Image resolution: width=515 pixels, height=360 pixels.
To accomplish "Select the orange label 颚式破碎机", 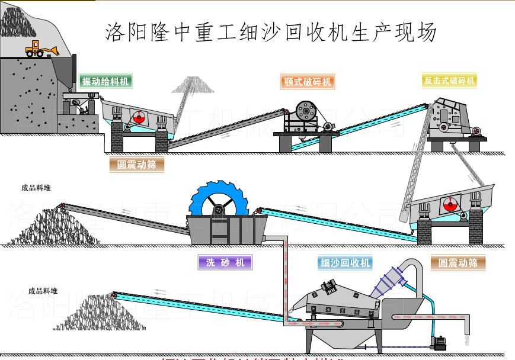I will pos(307,82).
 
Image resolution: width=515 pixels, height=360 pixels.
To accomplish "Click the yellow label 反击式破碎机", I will pos(449,81).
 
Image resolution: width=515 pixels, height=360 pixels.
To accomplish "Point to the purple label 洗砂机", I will pos(225,262).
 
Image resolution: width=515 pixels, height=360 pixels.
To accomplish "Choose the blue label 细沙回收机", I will pos(345,262).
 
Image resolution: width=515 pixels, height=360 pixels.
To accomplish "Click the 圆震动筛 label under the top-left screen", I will pos(136,165).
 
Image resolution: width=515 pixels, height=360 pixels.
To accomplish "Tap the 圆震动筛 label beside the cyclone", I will pos(458,262).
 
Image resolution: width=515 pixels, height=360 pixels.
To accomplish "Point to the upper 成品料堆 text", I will pos(36,188).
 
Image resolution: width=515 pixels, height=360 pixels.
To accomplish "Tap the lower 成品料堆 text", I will pos(43,291).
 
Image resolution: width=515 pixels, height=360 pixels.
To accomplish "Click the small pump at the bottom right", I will pos(440,343).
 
